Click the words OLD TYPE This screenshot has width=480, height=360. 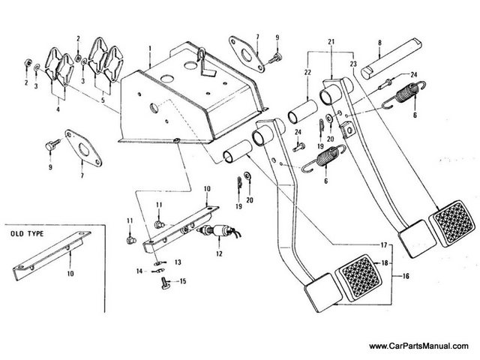tap(27, 234)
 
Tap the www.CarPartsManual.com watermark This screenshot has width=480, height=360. tap(418, 346)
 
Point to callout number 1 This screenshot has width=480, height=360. tap(150, 49)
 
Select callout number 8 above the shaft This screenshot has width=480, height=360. tap(379, 43)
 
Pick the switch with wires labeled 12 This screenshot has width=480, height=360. tap(220, 231)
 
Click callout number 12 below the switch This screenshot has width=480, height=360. tap(219, 253)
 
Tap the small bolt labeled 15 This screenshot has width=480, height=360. tap(165, 283)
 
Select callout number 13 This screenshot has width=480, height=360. tap(178, 262)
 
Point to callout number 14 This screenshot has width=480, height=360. tap(139, 271)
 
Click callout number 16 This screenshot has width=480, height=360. tap(406, 276)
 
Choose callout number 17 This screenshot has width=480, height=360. tap(384, 245)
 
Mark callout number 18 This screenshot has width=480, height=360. tap(385, 263)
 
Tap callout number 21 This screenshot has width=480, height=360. tap(331, 42)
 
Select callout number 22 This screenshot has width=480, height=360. tap(307, 72)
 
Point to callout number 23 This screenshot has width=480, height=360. tap(353, 64)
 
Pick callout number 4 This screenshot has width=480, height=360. tap(58, 109)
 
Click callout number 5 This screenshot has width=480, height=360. tap(103, 100)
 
